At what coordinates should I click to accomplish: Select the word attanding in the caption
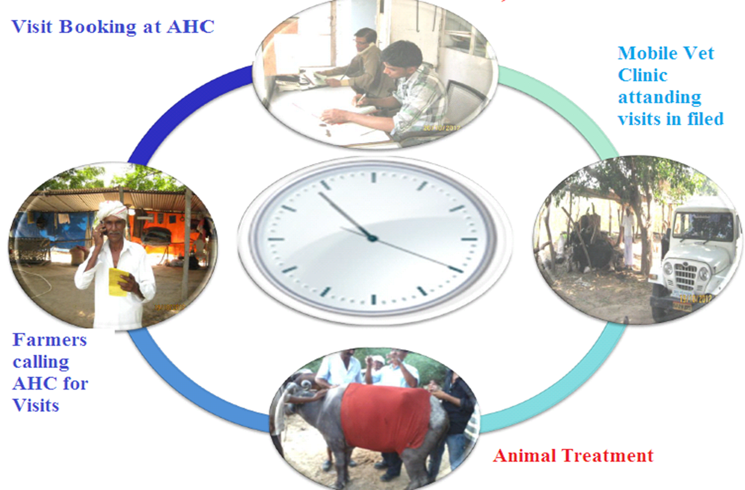tap(659, 98)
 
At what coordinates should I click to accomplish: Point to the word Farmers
tap(50, 340)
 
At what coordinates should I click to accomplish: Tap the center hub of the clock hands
tap(372, 238)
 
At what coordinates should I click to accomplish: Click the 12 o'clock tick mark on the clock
tap(374, 177)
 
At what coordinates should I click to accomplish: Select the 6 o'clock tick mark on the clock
tap(374, 299)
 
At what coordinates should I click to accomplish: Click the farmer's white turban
tap(112, 210)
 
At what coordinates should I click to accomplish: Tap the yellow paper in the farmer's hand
tap(118, 282)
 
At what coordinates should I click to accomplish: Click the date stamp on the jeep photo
tap(695, 299)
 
